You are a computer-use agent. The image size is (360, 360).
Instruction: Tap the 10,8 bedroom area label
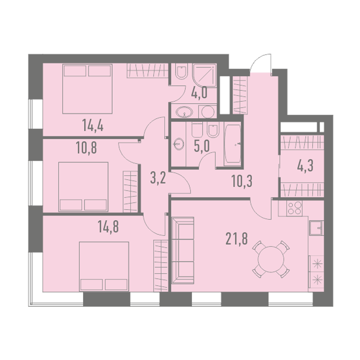point(86,148)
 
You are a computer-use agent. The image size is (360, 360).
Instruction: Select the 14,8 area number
point(108,227)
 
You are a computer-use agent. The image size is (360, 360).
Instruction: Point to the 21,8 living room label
point(237,239)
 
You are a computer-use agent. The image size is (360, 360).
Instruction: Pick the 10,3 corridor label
point(242,181)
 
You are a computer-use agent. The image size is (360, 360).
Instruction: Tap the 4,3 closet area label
point(305,166)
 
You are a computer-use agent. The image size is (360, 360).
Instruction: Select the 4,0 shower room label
point(199,93)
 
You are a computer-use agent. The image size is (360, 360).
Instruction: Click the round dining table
point(271,259)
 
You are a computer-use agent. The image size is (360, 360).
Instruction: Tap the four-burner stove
point(295,208)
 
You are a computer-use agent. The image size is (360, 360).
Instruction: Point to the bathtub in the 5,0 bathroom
point(232,144)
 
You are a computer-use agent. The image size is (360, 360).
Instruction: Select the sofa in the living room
point(183,250)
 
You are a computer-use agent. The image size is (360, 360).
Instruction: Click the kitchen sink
point(316,228)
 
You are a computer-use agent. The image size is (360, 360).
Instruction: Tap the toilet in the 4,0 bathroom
point(181,71)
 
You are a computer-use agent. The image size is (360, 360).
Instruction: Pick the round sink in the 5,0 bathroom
point(179,144)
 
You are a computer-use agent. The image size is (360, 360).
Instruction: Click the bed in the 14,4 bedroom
point(87,89)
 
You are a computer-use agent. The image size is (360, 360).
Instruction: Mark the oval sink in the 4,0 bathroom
point(184,112)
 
